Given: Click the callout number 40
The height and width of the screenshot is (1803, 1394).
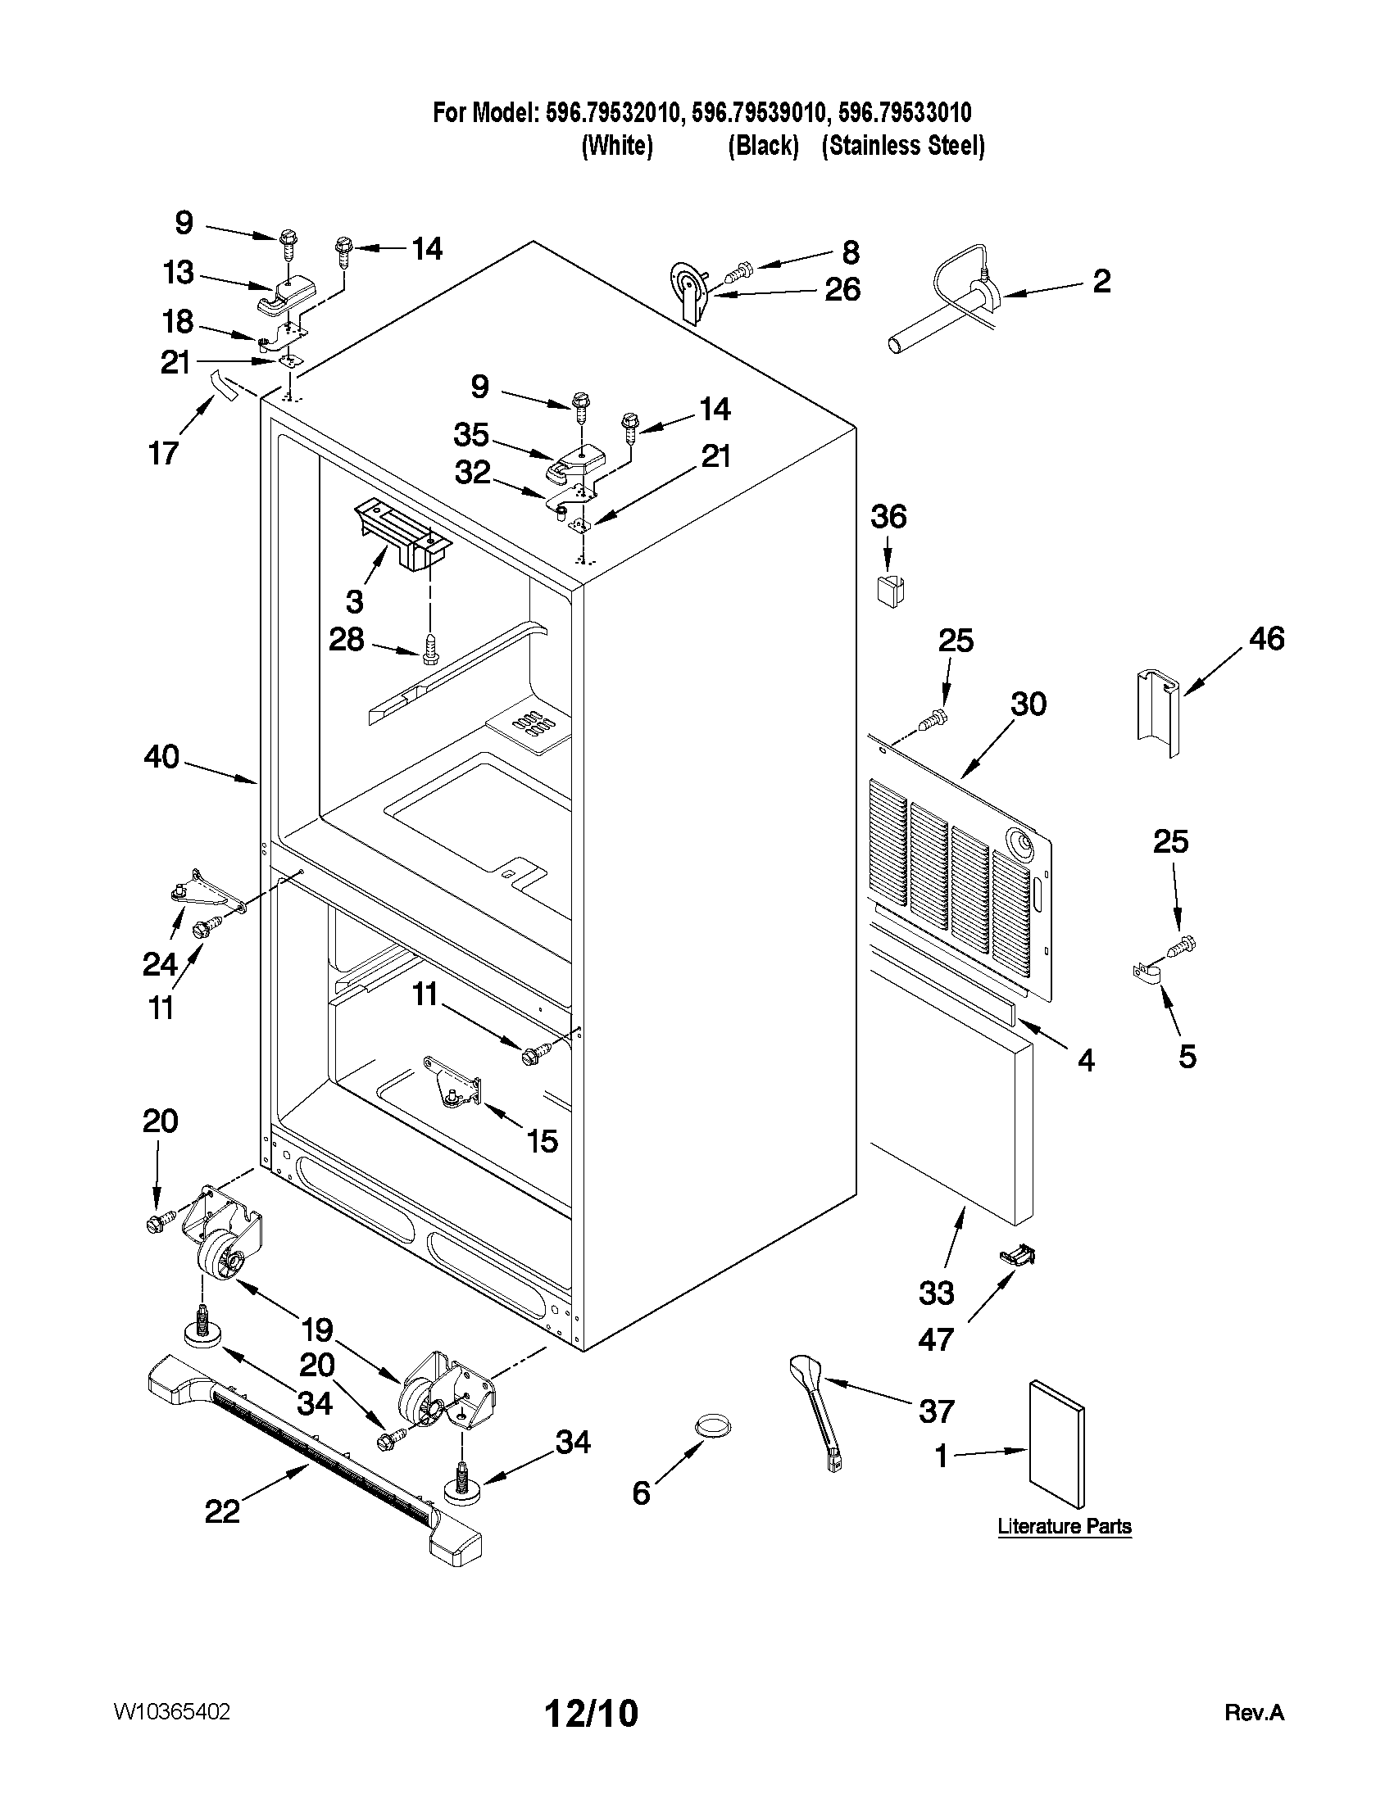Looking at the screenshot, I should point(161,757).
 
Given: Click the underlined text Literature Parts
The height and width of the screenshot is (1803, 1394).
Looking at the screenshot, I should point(1064,1526).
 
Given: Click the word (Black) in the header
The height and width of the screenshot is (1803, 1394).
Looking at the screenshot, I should point(763,146).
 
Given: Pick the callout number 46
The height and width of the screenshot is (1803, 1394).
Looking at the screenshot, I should point(1267,639).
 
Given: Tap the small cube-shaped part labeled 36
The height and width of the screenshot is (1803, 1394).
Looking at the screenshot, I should point(888,591).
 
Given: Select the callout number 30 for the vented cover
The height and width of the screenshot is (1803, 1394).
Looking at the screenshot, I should point(1028,704).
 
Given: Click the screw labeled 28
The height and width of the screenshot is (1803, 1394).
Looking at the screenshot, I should point(428,649).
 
